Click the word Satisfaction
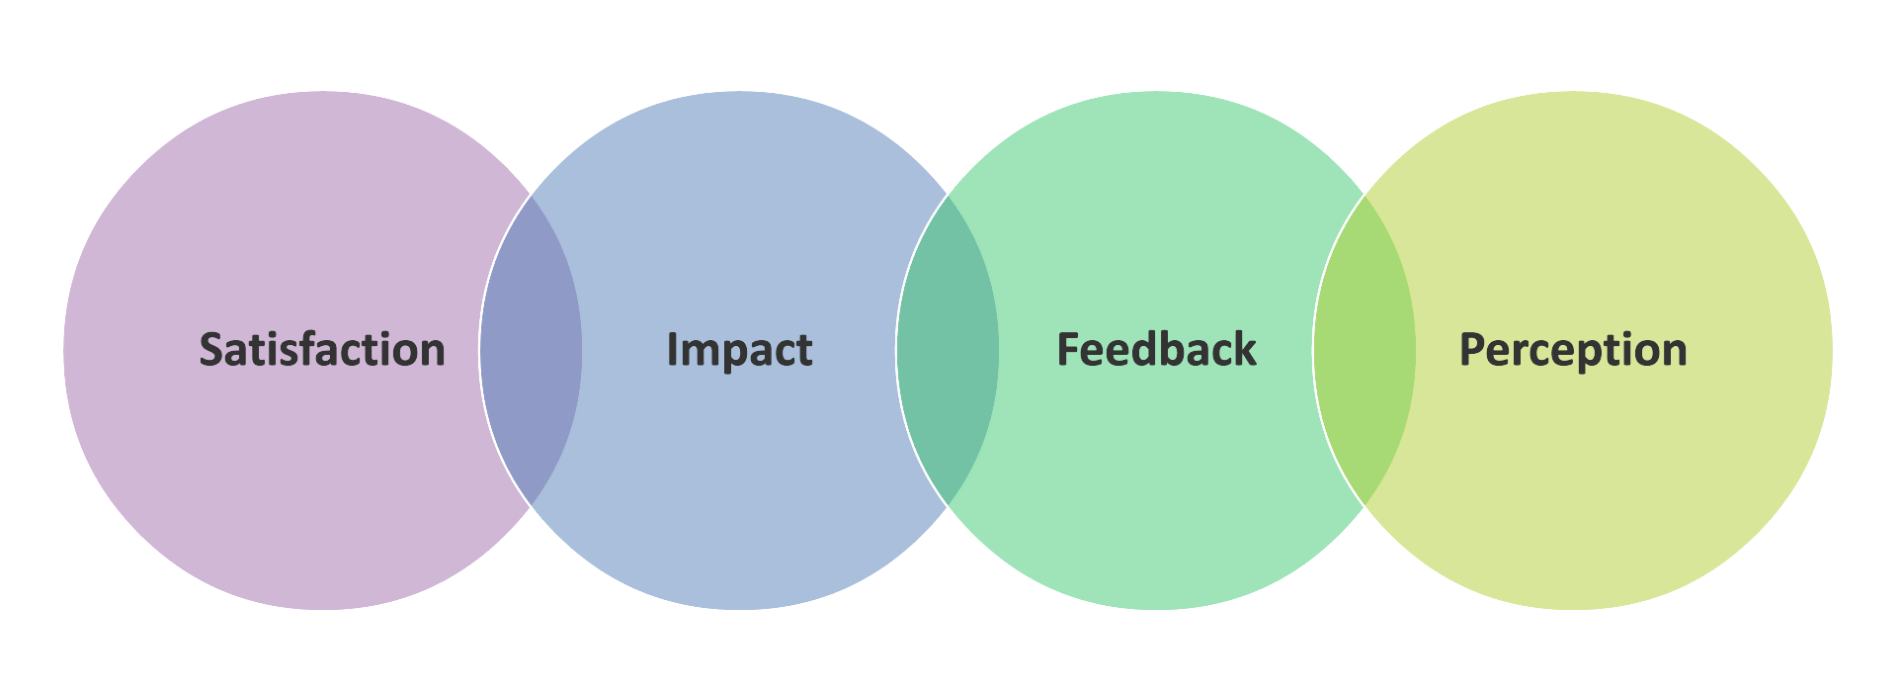[x=322, y=350]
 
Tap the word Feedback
[x=1156, y=349]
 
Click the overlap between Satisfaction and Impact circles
[x=531, y=350]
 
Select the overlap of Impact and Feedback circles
[x=948, y=350]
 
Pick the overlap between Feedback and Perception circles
[x=1365, y=350]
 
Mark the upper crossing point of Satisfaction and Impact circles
[x=531, y=195]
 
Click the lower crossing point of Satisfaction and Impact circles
[x=531, y=506]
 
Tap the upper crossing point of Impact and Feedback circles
[x=948, y=195]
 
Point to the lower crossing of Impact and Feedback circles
[x=948, y=506]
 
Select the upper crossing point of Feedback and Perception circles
[x=1365, y=195]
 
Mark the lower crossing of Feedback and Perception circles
[x=1365, y=506]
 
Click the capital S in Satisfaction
[x=212, y=350]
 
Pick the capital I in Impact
[x=672, y=350]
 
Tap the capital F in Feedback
[x=1069, y=350]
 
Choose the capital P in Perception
[x=1473, y=350]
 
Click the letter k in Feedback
[x=1244, y=349]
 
